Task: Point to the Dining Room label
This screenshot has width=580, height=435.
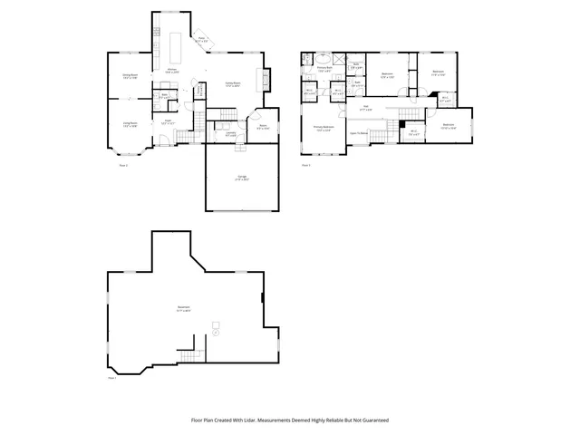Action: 130,76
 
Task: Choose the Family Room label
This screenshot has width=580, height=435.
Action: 233,83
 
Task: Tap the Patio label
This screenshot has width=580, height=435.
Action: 202,40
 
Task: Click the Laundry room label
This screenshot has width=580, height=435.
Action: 218,133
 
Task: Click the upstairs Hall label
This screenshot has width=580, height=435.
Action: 365,107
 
